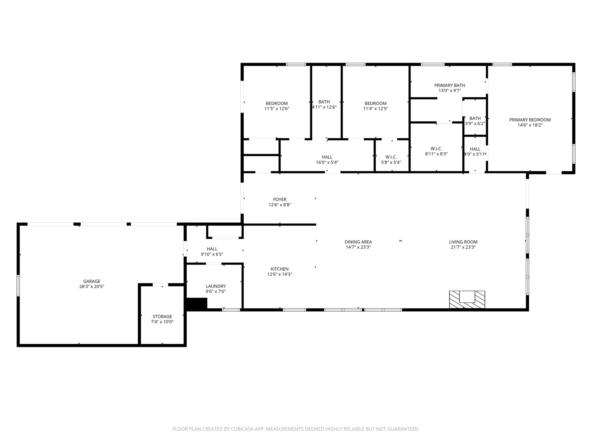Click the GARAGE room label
[92, 281]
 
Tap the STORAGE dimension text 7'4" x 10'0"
[162, 322]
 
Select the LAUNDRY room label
[216, 286]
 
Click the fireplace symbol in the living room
[467, 299]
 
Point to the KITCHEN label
[280, 269]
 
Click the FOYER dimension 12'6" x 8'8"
[280, 205]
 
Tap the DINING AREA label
[358, 242]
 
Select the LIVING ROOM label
[463, 242]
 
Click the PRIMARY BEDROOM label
[530, 120]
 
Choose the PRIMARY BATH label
[449, 85]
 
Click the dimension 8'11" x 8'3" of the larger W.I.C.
[436, 154]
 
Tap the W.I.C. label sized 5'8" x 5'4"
[391, 157]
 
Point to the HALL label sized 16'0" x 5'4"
[327, 157]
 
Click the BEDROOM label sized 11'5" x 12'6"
[277, 103]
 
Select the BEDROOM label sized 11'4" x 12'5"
[375, 103]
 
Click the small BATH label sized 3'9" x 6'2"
[475, 118]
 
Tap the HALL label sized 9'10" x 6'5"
[212, 249]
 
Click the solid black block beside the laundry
[196, 304]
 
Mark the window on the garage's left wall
[18, 285]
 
